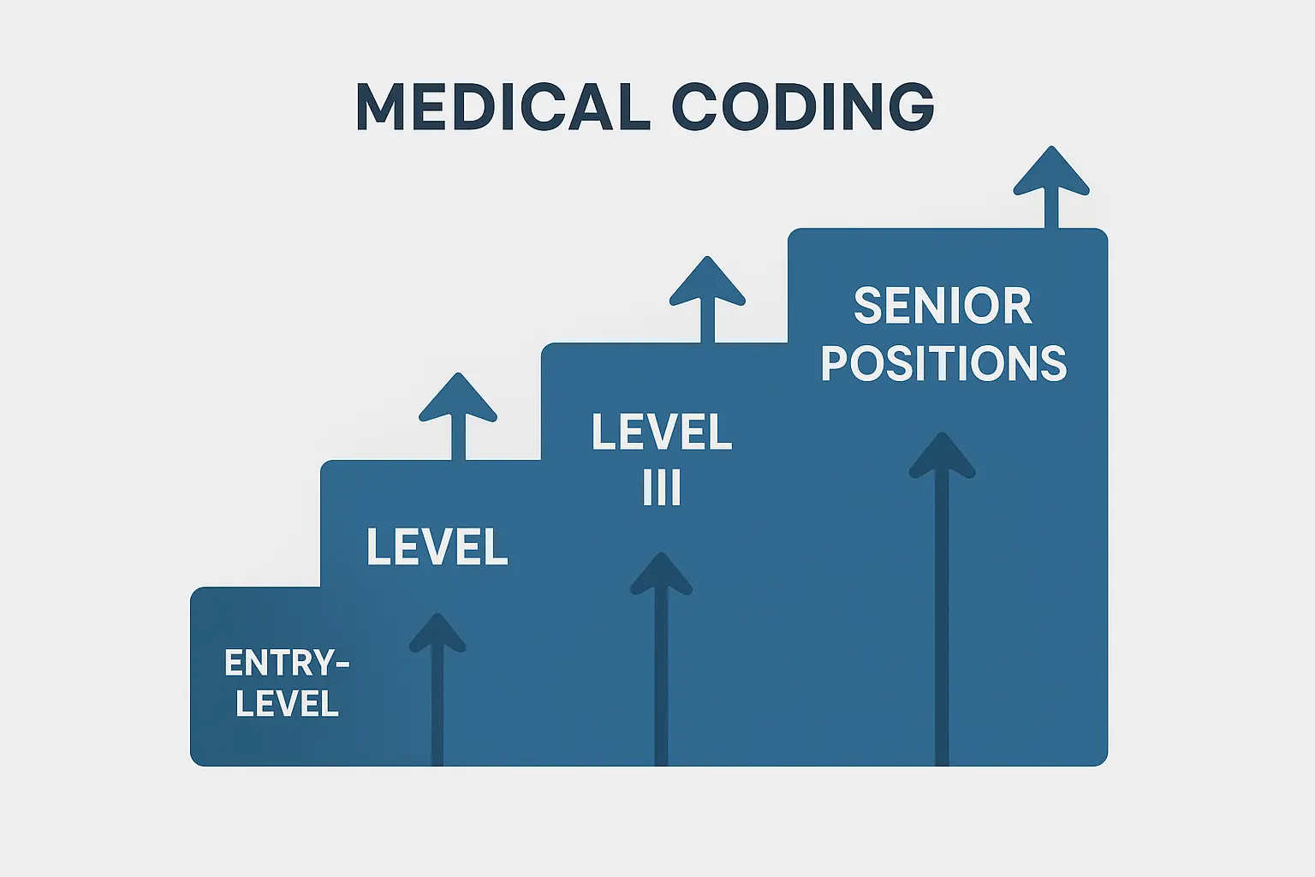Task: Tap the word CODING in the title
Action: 803,107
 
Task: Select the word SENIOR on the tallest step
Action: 943,306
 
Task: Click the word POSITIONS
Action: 943,363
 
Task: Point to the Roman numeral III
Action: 662,488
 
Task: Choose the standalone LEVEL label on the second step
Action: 437,546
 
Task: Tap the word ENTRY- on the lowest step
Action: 287,663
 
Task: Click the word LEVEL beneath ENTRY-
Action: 287,704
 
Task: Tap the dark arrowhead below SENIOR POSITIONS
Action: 942,456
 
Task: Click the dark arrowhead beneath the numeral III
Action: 661,575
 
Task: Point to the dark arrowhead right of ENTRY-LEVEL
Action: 437,634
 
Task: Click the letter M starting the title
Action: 379,107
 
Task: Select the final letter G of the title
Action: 907,107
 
